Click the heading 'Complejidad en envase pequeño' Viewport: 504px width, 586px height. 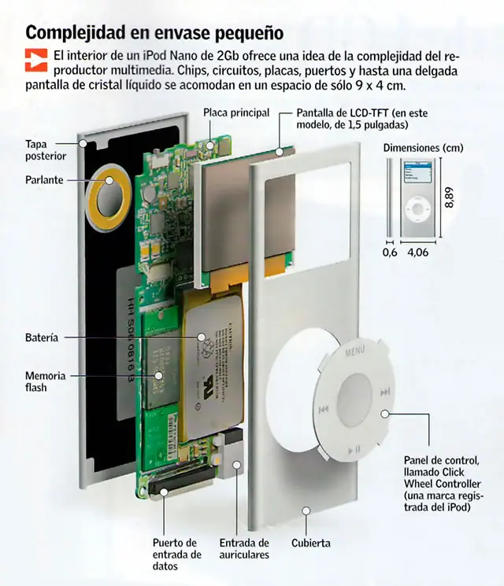click(x=154, y=33)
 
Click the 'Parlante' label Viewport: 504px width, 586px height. click(x=43, y=179)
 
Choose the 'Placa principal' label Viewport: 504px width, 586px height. click(x=236, y=112)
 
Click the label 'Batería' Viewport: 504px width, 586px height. click(x=42, y=337)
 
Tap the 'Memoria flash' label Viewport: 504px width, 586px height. click(x=46, y=381)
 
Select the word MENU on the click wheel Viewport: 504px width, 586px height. click(x=355, y=353)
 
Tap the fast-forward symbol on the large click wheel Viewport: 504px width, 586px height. click(x=385, y=392)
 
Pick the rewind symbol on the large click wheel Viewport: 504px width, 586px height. click(x=323, y=410)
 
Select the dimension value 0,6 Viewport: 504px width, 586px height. click(x=389, y=253)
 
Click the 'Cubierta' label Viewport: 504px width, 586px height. click(x=310, y=543)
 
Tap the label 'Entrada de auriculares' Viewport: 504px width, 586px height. click(x=244, y=548)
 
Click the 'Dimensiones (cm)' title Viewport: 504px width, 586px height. click(x=423, y=148)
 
